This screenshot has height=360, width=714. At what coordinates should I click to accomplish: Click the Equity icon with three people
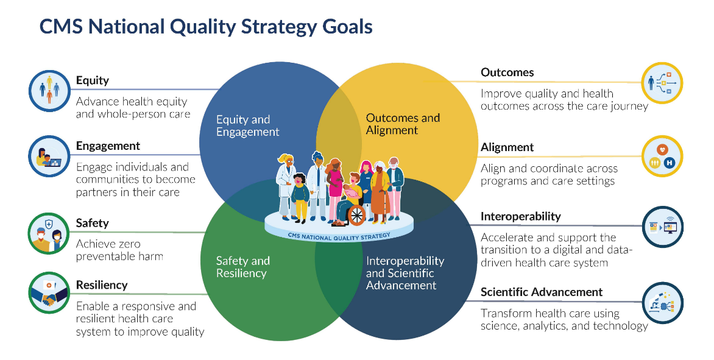[49, 91]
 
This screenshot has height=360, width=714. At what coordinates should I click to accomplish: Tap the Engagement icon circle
[49, 156]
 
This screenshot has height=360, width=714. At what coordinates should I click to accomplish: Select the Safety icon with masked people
[49, 233]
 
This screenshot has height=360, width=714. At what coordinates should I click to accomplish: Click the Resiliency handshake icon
[49, 292]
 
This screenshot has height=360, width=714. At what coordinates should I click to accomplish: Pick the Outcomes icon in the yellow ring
[663, 83]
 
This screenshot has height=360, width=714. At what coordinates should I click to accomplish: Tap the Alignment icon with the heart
[663, 156]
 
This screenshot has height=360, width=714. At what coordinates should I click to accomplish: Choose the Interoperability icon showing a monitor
[663, 227]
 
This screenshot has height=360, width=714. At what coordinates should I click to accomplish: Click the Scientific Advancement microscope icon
[663, 303]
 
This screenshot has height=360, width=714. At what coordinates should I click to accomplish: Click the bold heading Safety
[93, 223]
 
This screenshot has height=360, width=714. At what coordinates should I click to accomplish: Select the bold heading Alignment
[507, 147]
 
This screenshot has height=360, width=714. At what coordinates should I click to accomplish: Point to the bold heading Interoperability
[520, 217]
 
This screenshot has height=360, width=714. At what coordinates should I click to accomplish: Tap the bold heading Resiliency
[102, 285]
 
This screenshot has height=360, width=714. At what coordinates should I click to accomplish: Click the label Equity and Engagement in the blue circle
[248, 125]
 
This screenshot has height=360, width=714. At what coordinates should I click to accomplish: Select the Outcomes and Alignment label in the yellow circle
[403, 124]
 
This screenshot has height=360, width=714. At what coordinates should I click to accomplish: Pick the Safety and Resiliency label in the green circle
[242, 267]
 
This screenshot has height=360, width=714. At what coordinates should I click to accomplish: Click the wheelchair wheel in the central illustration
[356, 215]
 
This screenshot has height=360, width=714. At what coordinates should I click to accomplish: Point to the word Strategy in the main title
[278, 27]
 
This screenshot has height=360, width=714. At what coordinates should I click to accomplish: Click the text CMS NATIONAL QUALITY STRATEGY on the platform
[339, 236]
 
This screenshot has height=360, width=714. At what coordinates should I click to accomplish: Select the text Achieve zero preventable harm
[119, 250]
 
